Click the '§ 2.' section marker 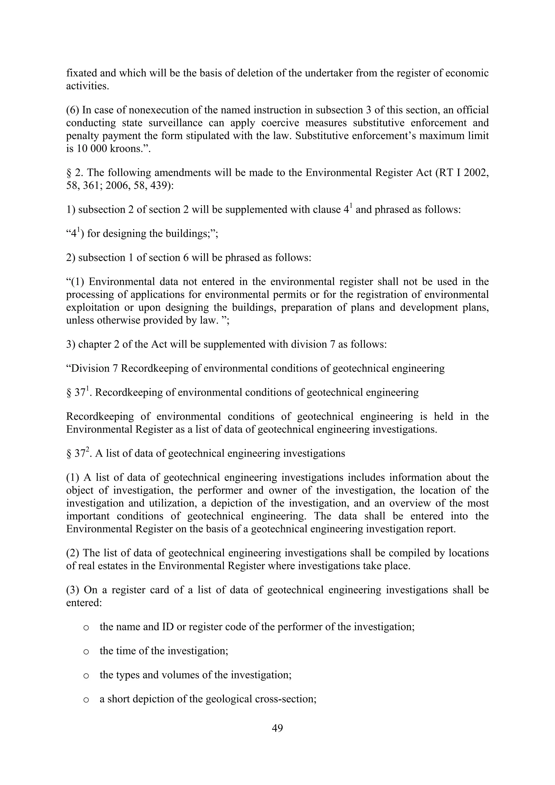(73, 173)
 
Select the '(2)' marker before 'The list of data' (73, 553)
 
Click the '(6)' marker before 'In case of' (73, 110)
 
